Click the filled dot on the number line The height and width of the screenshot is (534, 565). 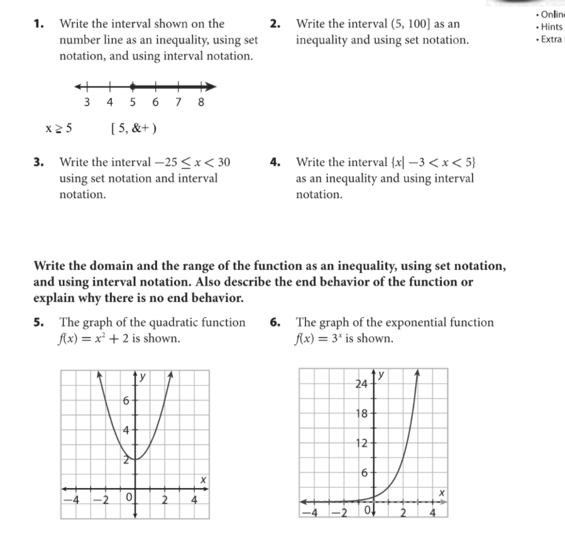pos(133,87)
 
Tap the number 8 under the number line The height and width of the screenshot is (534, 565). pos(201,103)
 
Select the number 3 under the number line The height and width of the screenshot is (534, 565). pos(87,103)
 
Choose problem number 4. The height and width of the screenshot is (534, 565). pos(275,162)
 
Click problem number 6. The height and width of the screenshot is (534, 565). pos(275,323)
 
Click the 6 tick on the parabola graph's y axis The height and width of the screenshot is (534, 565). pos(126,400)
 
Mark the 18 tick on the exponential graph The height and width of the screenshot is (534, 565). pos(363,413)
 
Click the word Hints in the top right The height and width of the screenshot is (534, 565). pos(551,27)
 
